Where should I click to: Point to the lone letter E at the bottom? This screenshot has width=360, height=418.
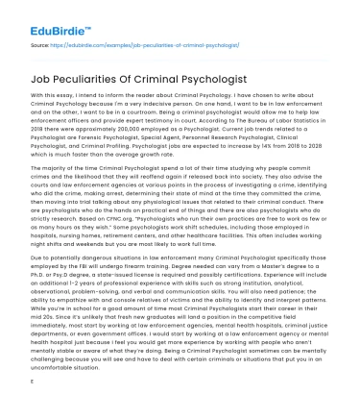click(x=33, y=406)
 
